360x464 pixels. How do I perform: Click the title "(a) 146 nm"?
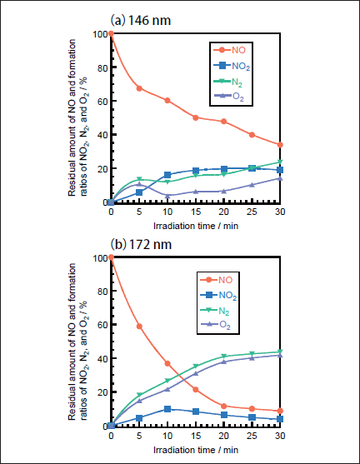(x=141, y=21)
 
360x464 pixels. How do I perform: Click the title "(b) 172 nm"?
(x=141, y=244)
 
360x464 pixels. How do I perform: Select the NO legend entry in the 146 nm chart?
(x=230, y=50)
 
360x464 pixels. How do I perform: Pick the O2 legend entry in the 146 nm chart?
(x=229, y=97)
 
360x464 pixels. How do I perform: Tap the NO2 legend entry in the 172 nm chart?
(x=219, y=295)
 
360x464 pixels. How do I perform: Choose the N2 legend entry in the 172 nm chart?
(x=215, y=311)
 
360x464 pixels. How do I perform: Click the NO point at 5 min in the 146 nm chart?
(x=139, y=88)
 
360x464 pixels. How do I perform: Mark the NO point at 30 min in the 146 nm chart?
(x=280, y=145)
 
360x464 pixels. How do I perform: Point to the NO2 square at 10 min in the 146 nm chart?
(x=167, y=175)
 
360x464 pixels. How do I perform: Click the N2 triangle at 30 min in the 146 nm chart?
(x=280, y=162)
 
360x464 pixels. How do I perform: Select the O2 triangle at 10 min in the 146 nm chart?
(x=167, y=196)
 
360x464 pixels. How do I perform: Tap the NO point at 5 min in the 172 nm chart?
(x=139, y=327)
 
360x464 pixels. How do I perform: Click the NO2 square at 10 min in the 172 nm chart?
(x=167, y=409)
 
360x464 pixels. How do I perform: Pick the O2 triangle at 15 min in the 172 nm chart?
(x=195, y=373)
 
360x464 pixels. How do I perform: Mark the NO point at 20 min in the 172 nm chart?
(x=224, y=406)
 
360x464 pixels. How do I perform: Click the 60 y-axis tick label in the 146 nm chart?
(x=102, y=101)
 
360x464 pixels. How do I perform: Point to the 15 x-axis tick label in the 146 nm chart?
(x=195, y=212)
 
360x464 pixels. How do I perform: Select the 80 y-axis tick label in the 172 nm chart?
(x=102, y=292)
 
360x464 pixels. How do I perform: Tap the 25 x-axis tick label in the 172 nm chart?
(x=252, y=436)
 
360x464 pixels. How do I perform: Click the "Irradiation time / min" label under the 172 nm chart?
(x=196, y=450)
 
